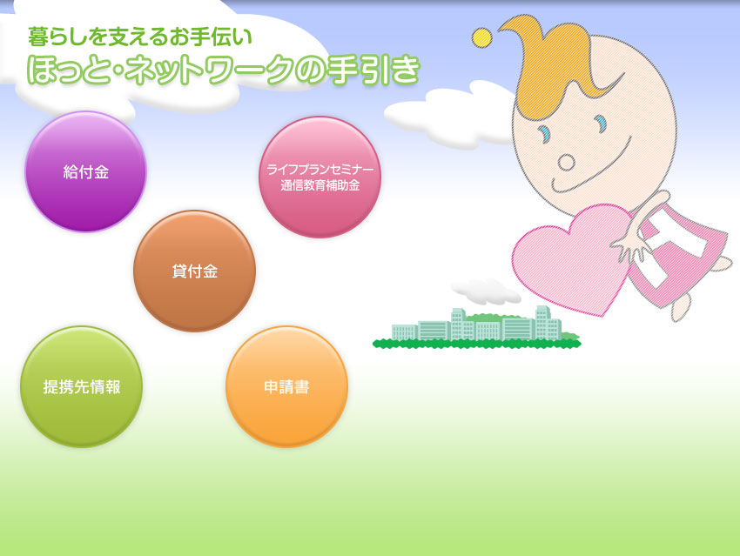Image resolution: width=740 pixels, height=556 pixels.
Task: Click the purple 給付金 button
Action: click(85, 171)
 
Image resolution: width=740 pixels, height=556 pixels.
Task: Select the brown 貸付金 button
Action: click(194, 271)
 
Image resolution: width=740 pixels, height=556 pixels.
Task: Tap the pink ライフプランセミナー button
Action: click(320, 177)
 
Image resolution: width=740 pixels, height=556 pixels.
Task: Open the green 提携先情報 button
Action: click(81, 386)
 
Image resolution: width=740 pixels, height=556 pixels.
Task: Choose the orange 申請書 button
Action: click(286, 386)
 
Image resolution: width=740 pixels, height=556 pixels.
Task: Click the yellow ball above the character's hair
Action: click(481, 37)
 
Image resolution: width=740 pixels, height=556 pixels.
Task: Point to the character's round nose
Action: click(567, 162)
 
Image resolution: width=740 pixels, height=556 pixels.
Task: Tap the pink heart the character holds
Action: click(574, 257)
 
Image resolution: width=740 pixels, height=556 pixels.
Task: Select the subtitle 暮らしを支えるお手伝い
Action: click(139, 37)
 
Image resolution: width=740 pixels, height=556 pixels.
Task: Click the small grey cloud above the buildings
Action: click(486, 291)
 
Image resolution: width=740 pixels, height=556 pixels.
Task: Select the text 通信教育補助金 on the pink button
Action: click(320, 185)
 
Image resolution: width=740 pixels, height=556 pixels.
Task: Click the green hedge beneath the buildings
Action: click(477, 344)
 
